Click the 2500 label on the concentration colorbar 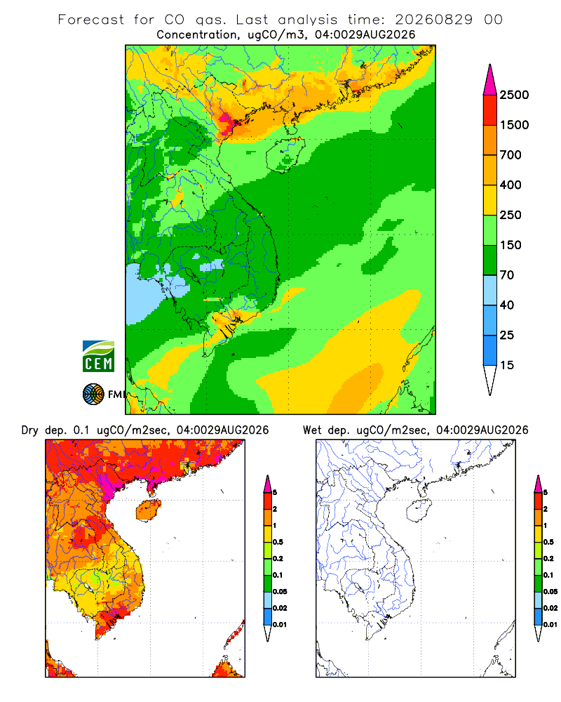tap(514, 95)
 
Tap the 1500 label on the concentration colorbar tap(514, 125)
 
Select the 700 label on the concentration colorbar tap(511, 155)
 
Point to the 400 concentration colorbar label tap(511, 185)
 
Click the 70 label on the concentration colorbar tap(507, 275)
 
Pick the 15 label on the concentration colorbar tap(507, 365)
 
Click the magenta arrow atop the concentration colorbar tap(490, 80)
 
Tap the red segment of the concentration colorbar tap(490, 110)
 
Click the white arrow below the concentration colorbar tap(490, 380)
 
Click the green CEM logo tap(98, 357)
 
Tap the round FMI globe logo tap(93, 395)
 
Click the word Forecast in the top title tap(91, 20)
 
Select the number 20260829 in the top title tap(433, 20)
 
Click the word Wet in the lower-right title tap(312, 430)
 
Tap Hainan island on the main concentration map tap(285, 154)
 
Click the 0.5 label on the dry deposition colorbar tap(278, 542)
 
